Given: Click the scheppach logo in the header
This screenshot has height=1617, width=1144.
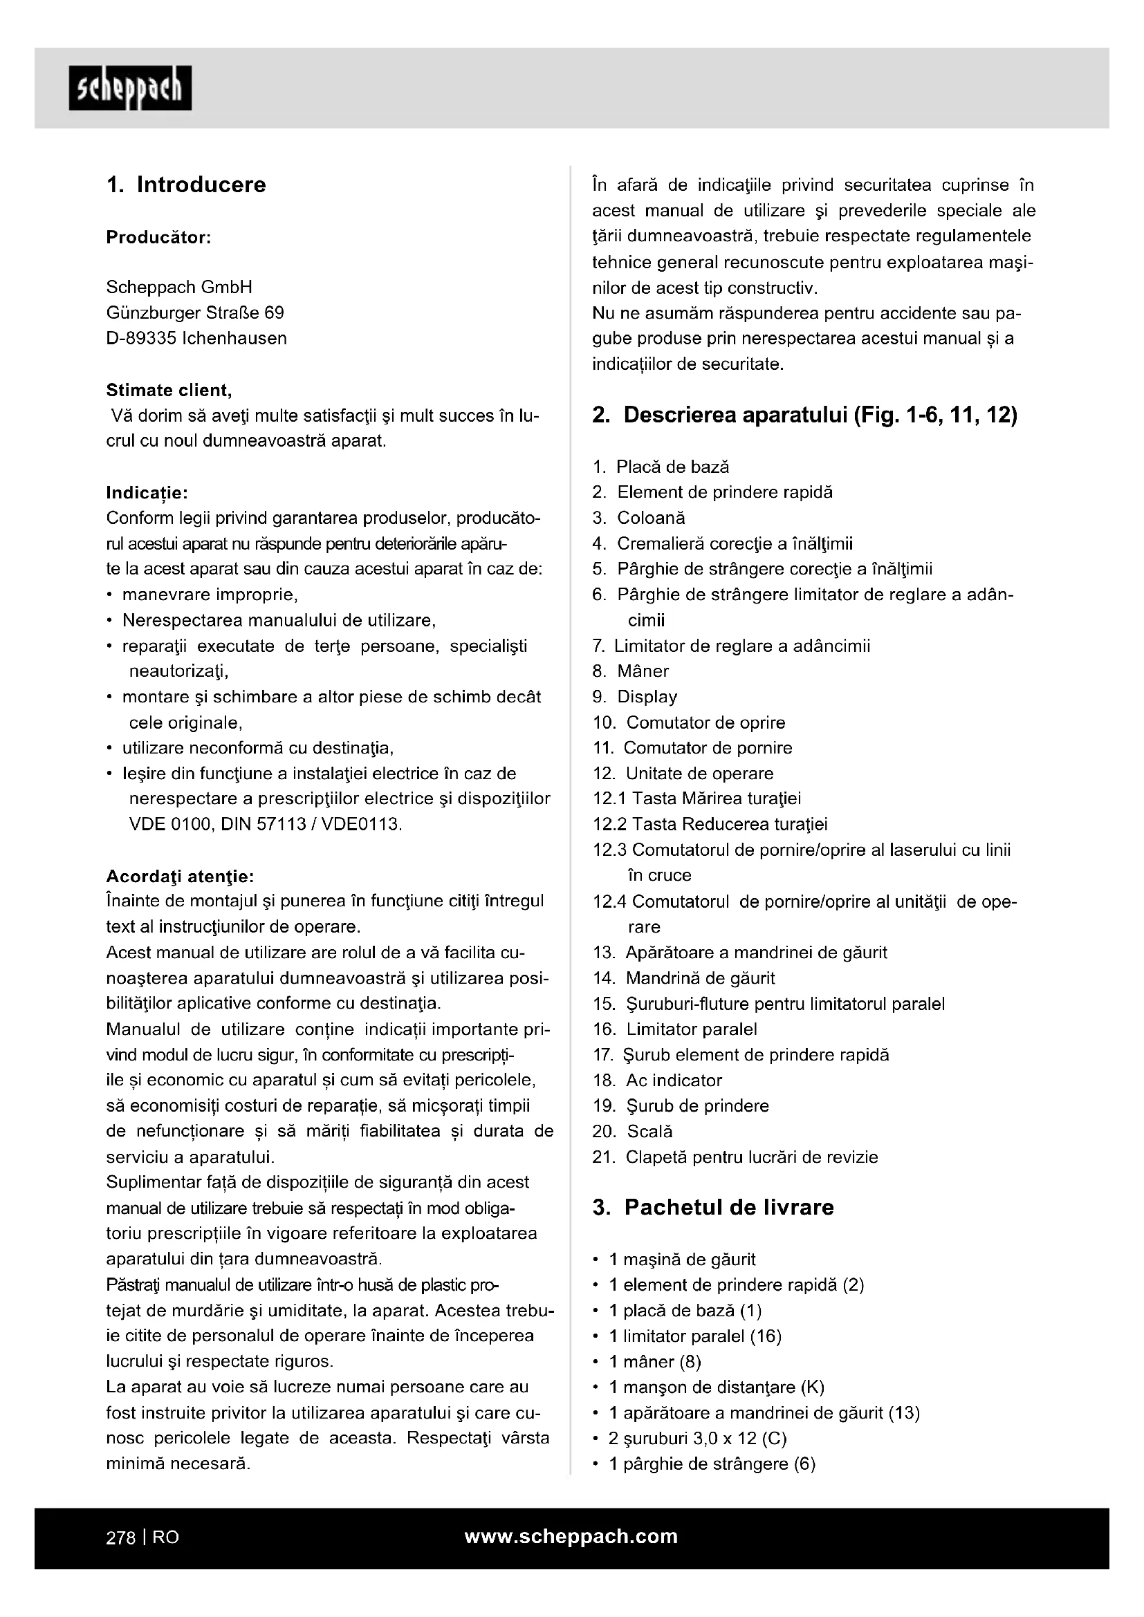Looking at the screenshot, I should click(x=130, y=88).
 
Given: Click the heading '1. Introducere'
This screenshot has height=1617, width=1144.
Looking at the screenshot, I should click(x=186, y=185).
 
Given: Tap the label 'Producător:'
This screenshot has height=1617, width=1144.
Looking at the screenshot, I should click(x=158, y=237).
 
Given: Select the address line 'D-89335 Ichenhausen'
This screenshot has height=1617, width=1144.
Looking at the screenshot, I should click(x=196, y=338).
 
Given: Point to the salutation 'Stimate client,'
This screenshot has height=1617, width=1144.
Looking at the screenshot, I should click(x=169, y=389).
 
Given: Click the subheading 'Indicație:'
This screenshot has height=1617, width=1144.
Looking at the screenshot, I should click(x=147, y=492).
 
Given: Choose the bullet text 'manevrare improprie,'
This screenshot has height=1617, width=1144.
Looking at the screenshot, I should click(x=210, y=595).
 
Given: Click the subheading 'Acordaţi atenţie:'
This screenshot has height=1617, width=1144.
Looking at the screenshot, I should click(x=180, y=876).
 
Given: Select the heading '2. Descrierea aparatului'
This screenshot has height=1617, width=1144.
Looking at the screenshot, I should click(x=804, y=415).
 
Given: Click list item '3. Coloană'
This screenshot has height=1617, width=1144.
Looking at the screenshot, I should click(x=639, y=518).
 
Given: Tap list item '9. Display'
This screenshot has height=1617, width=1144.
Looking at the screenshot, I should click(x=635, y=697).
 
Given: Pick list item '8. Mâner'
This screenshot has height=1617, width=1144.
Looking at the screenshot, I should click(x=631, y=671).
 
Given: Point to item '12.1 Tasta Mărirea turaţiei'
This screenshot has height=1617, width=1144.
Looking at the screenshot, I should click(x=696, y=798).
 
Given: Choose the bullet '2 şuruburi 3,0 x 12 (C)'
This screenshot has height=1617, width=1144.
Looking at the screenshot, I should click(x=697, y=1438).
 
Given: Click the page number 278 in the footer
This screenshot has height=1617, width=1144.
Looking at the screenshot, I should click(x=120, y=1537).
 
